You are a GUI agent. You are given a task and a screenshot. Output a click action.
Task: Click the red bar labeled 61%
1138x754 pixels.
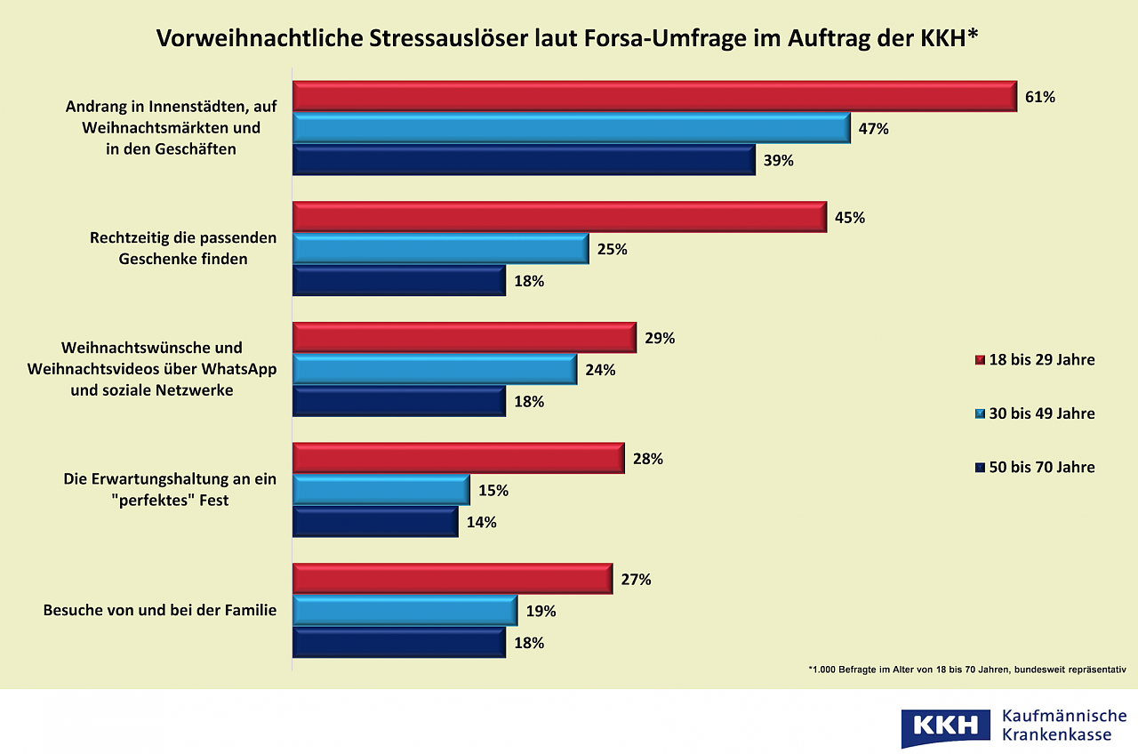(x=654, y=96)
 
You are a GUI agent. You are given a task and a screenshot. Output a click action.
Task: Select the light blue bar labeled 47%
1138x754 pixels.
(x=572, y=128)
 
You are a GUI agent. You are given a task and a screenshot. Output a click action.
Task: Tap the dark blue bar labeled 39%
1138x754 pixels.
(x=524, y=160)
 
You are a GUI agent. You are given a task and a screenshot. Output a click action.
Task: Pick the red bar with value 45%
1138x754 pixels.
(x=560, y=217)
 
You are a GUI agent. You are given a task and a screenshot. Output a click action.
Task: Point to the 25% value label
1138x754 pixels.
(x=613, y=250)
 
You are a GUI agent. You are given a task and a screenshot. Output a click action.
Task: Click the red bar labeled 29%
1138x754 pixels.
(x=464, y=338)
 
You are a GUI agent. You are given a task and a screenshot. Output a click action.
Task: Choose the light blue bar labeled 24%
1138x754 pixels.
(x=435, y=370)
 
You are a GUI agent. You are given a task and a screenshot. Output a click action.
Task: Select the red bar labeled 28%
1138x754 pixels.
(x=459, y=459)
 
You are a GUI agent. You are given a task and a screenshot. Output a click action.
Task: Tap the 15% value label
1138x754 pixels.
(x=493, y=491)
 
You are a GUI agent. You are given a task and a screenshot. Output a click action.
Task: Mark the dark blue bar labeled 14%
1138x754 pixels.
(x=375, y=522)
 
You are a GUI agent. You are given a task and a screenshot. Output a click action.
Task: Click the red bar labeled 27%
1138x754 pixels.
(x=453, y=579)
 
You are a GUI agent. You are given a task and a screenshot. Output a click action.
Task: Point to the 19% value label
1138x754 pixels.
(x=541, y=612)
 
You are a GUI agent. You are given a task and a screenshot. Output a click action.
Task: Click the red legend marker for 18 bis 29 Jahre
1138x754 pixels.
(x=980, y=360)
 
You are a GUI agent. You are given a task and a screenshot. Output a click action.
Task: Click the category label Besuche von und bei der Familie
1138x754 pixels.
(x=160, y=612)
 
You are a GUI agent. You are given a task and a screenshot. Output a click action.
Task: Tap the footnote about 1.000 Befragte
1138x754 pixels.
(x=966, y=670)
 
